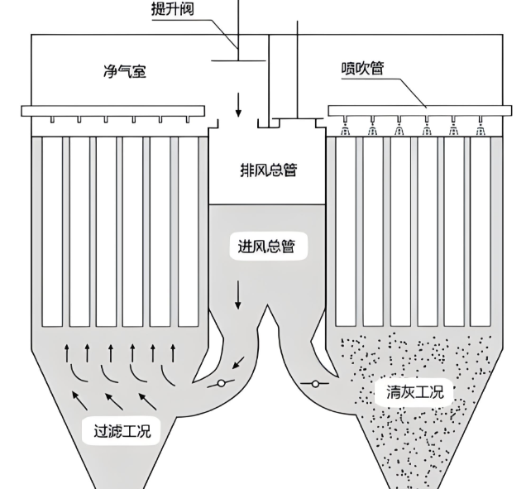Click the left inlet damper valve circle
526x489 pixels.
point(220,383)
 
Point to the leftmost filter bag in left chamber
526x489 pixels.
point(52,232)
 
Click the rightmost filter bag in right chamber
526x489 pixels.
point(479,232)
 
